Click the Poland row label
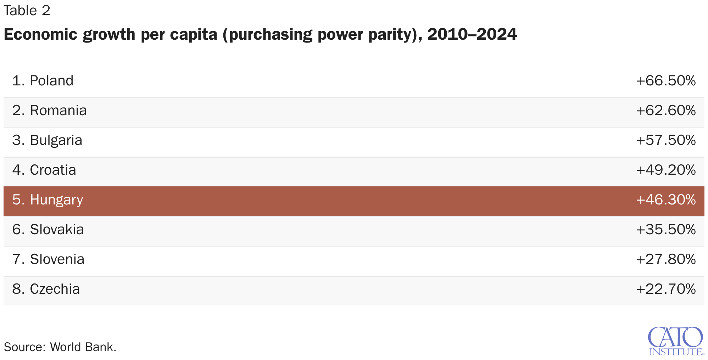coord(43,81)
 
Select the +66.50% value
coord(666,81)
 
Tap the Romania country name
coord(50,111)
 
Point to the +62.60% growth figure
coord(666,111)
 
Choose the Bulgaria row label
coord(47,140)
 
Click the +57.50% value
coord(666,140)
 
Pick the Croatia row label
coord(44,170)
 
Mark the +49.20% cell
coord(666,170)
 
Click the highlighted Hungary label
coord(48,200)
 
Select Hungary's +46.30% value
coord(666,200)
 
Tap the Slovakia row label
coord(48,230)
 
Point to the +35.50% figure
coord(666,230)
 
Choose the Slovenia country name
coord(49,259)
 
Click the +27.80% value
coord(666,259)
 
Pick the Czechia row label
coord(46,289)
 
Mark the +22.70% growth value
coord(666,289)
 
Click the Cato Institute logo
coord(676,341)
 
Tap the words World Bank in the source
coord(83,347)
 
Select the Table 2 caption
coord(27,11)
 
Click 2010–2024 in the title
coord(472,34)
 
